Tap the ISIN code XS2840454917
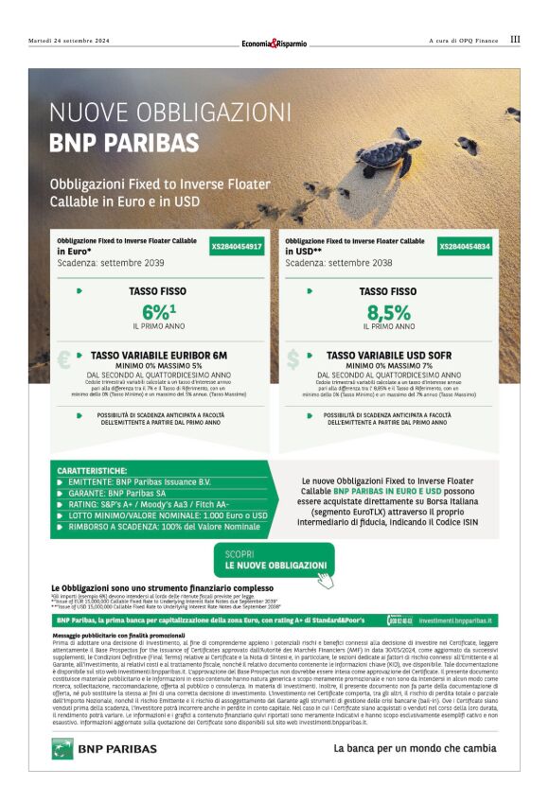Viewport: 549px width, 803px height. point(236,246)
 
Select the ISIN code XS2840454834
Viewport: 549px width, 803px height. point(465,246)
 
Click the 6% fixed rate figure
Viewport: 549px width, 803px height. point(156,311)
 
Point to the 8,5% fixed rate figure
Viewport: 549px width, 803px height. point(389,311)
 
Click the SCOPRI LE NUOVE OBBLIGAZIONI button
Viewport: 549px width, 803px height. point(274,561)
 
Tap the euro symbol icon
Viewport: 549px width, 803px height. point(63,359)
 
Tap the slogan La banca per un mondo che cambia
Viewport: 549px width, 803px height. point(415,748)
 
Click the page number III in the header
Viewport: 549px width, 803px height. point(514,40)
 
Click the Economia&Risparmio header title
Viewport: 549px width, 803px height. point(274,42)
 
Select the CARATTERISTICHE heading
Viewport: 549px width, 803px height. point(92,470)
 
